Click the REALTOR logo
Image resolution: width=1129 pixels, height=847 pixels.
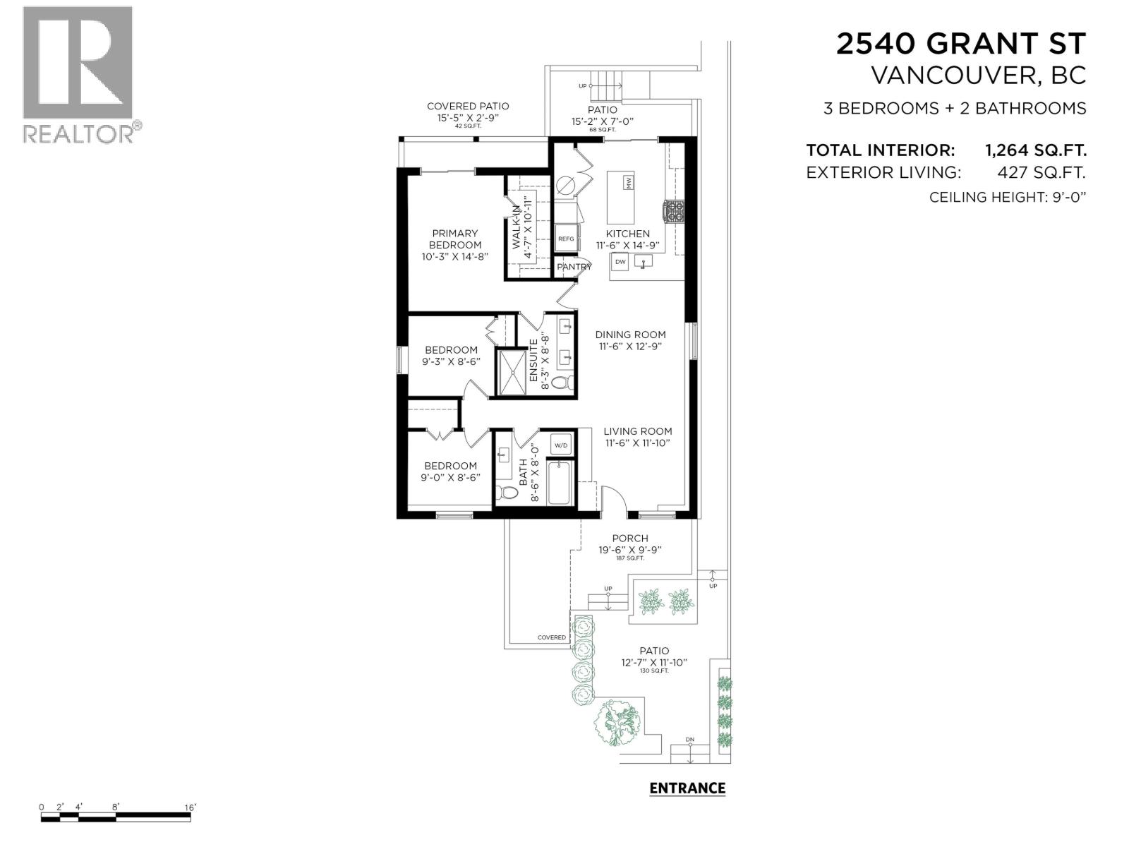[x=78, y=74]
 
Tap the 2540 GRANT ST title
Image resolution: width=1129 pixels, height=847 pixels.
[x=960, y=44]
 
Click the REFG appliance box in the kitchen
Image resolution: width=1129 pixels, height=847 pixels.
[x=566, y=239]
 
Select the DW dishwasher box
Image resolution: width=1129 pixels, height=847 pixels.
[x=620, y=262]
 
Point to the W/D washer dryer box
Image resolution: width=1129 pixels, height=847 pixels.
[x=561, y=445]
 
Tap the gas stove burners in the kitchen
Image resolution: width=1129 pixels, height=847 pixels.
[x=672, y=210]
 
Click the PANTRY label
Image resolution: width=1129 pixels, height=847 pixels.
[x=574, y=267]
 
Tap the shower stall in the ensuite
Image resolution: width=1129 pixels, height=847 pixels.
[x=513, y=372]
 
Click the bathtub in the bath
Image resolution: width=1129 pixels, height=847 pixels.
[x=560, y=483]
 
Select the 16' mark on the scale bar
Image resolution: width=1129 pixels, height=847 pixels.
[x=190, y=807]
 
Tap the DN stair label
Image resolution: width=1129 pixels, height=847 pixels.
[x=689, y=740]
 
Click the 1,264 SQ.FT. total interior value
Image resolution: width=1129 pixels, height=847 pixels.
[x=1035, y=150]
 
